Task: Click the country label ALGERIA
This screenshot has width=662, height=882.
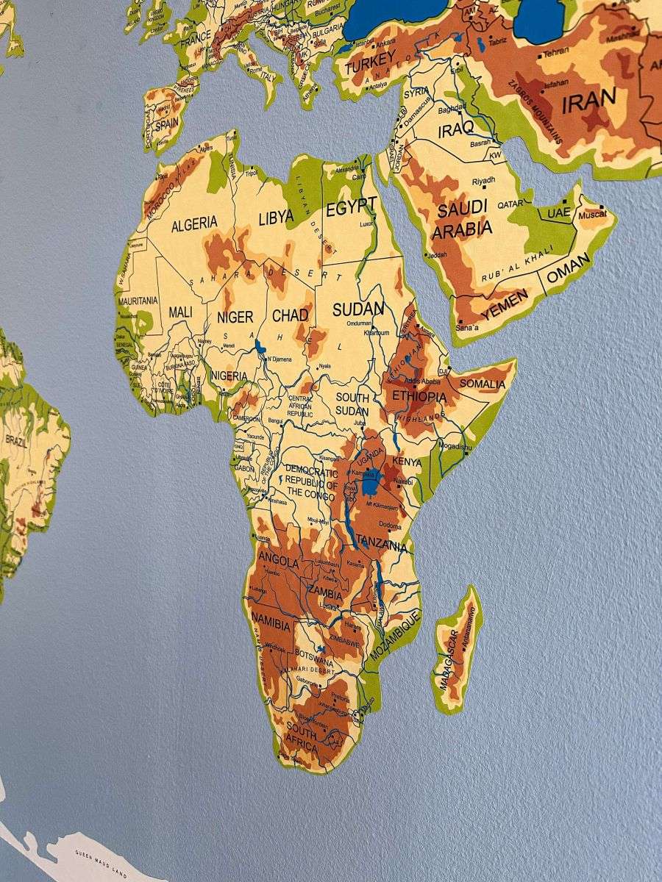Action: tap(194, 223)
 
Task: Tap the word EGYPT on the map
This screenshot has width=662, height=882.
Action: tap(352, 209)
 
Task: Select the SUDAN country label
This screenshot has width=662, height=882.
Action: tap(359, 309)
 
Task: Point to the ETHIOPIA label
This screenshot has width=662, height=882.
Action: tap(419, 397)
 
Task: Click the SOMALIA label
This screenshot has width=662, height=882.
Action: tap(483, 384)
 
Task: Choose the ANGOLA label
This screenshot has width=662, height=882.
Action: tap(279, 562)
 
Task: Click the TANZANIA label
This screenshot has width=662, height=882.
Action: tap(381, 546)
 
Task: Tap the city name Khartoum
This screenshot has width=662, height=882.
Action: tap(377, 333)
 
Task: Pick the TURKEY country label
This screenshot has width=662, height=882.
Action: tap(371, 67)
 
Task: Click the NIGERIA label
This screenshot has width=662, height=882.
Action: tap(229, 376)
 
